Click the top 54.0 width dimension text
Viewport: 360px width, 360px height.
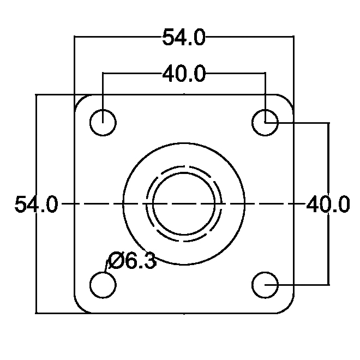click(x=184, y=37)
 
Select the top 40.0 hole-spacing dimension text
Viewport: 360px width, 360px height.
click(x=184, y=74)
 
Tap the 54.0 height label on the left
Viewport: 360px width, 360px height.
click(x=36, y=204)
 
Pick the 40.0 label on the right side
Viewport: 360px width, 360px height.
click(x=328, y=204)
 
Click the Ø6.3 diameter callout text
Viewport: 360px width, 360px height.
click(x=133, y=261)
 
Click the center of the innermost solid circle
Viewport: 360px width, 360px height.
click(x=184, y=204)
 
